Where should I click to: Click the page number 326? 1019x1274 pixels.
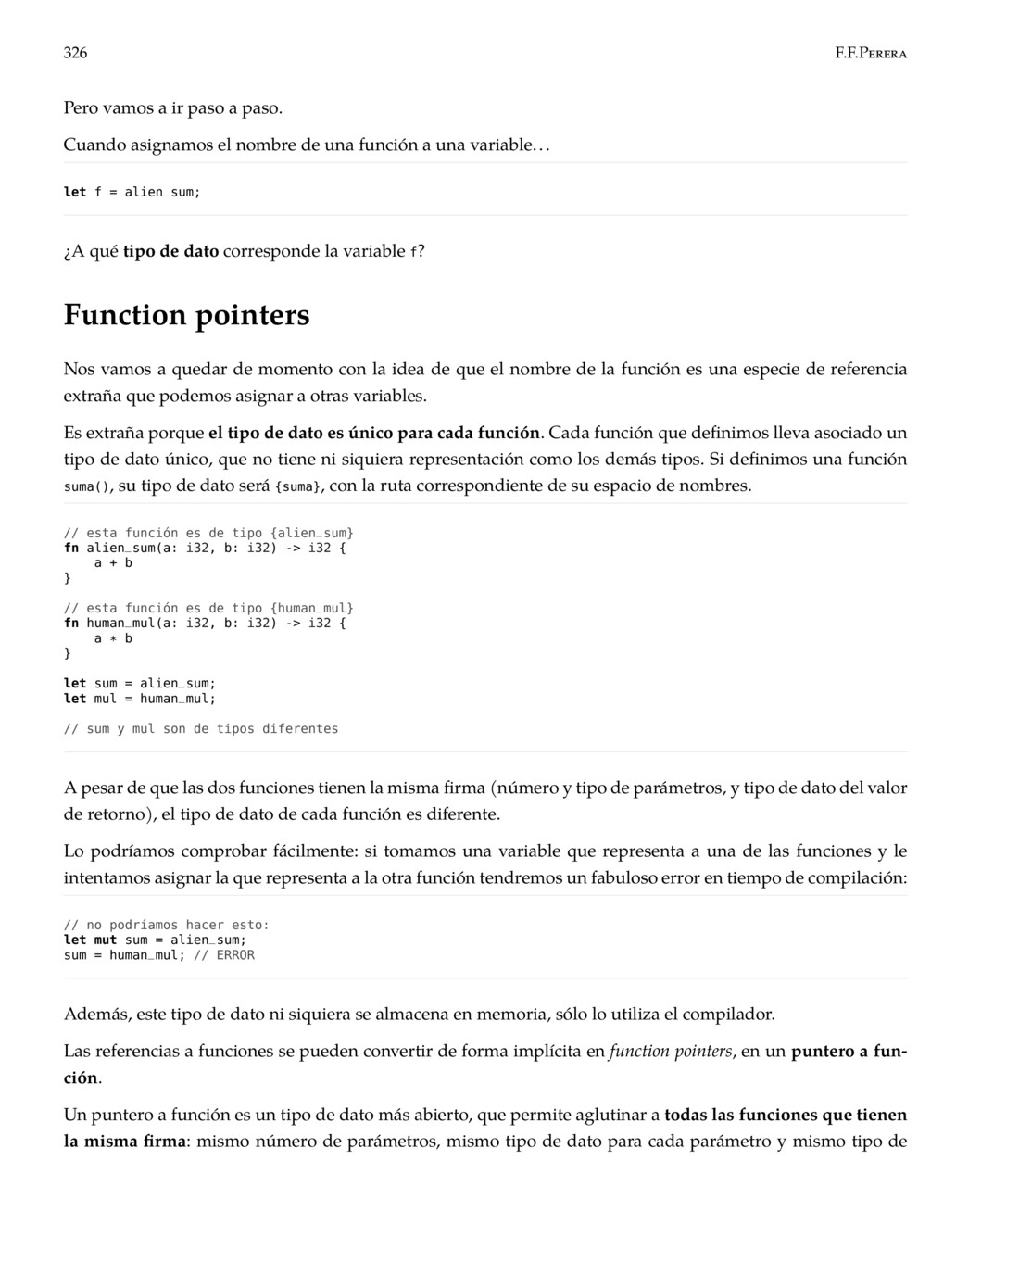(x=75, y=53)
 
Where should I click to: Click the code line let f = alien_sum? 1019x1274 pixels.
(x=132, y=192)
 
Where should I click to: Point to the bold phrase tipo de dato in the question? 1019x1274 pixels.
(x=170, y=251)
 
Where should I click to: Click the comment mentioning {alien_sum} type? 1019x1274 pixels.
(x=208, y=533)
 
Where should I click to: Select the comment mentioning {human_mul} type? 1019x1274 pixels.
(x=208, y=608)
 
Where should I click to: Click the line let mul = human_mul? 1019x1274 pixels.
(x=139, y=698)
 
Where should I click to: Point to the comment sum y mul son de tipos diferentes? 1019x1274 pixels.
(x=201, y=728)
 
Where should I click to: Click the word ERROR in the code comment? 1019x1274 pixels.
(x=235, y=954)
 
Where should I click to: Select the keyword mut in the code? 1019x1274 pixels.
(x=105, y=940)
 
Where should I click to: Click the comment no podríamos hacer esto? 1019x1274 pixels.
(x=167, y=925)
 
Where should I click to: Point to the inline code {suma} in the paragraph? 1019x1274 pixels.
(x=298, y=486)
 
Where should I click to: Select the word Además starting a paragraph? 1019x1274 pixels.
(x=94, y=1014)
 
